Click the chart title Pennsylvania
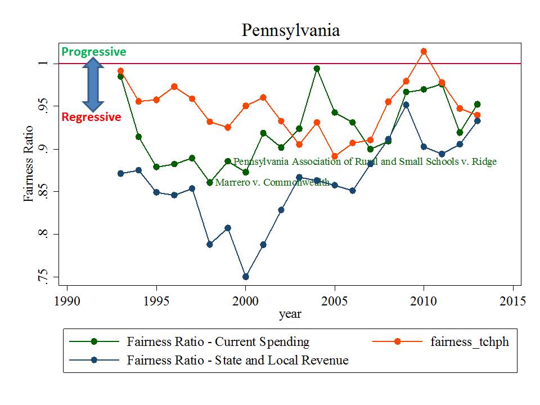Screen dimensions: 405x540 290,30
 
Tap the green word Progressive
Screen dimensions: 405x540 93,52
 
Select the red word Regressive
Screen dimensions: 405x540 91,117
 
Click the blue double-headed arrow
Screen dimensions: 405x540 93,84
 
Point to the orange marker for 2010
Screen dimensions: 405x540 424,51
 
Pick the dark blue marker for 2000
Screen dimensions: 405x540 245,277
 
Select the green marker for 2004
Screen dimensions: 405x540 317,69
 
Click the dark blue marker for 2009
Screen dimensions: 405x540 406,105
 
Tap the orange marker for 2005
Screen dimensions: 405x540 335,156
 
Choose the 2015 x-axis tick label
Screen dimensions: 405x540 512,300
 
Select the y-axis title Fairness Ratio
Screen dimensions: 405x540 28,163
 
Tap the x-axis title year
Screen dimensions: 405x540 290,314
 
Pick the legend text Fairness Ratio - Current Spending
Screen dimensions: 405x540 218,341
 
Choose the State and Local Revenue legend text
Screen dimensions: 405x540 237,360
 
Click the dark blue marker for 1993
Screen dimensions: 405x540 120,173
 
